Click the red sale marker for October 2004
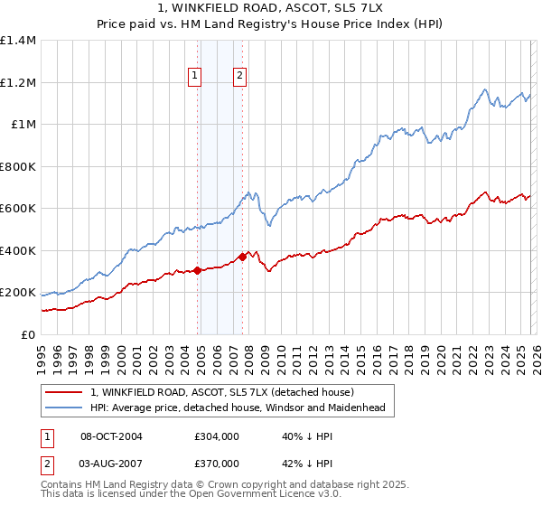point(197,270)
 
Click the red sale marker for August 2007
point(242,257)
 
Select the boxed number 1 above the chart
point(194,76)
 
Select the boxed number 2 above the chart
point(239,76)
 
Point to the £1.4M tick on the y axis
point(18,41)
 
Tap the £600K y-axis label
point(18,209)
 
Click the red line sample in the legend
point(65,393)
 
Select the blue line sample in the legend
point(65,408)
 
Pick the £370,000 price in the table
point(217,463)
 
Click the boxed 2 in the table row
point(49,463)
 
